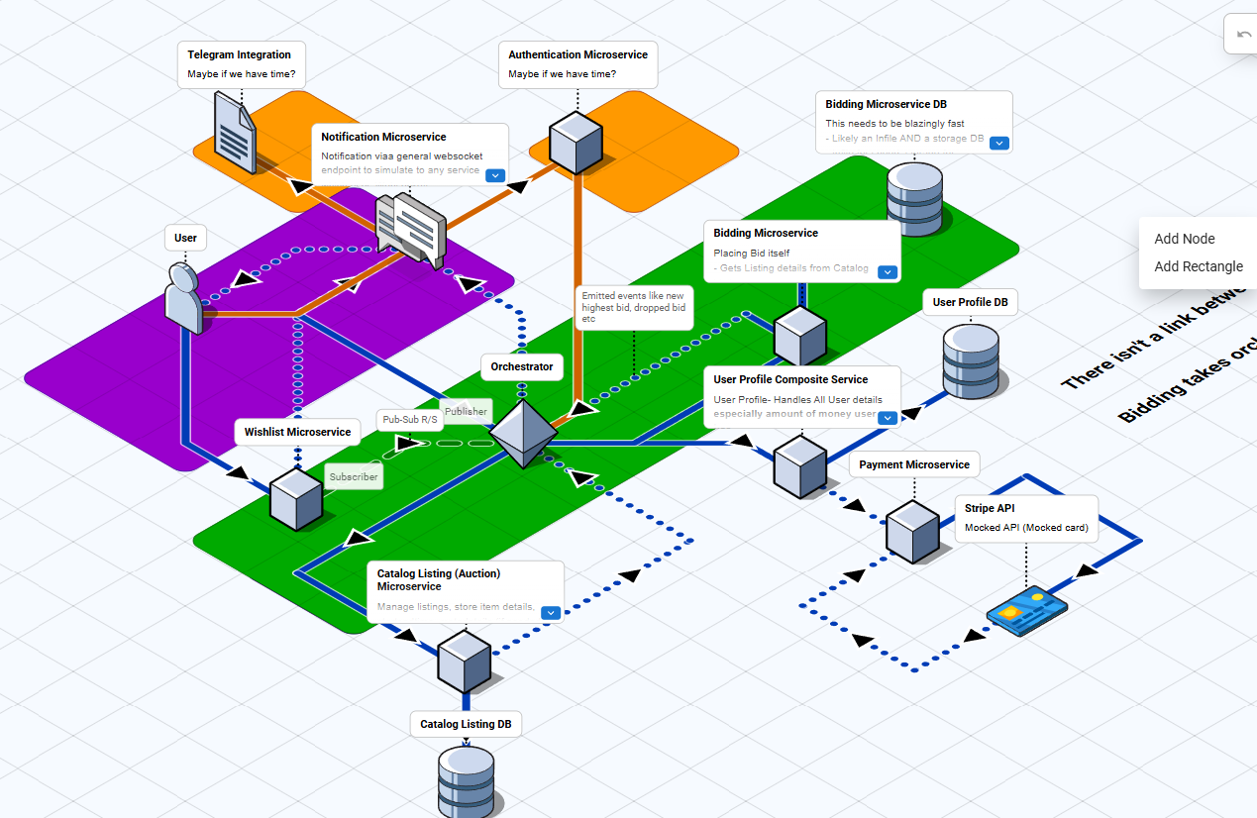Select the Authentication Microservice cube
tap(576, 143)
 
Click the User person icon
tap(183, 298)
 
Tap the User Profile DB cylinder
tap(971, 360)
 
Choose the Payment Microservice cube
tap(912, 531)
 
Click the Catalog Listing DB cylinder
tap(466, 780)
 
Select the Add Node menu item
tap(1184, 239)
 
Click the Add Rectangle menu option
tap(1198, 266)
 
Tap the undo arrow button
tap(1243, 35)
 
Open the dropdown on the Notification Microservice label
tap(495, 175)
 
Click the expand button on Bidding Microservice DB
tap(999, 143)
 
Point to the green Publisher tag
tap(466, 411)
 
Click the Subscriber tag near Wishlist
tap(354, 476)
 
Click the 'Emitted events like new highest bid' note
tap(633, 307)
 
